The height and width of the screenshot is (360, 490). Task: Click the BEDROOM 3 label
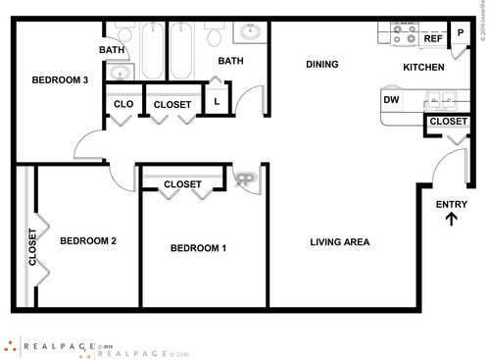point(61,80)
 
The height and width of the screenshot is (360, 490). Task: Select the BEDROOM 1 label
point(199,248)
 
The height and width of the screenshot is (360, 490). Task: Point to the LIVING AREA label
point(340,242)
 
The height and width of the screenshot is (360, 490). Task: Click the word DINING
point(321,65)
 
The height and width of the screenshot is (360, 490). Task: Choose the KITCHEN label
point(423,68)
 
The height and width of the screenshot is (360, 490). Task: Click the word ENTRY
point(452,204)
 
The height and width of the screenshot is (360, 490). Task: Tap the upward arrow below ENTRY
point(452,220)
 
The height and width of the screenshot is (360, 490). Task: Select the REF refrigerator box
point(432,39)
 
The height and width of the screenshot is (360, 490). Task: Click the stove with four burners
point(404,35)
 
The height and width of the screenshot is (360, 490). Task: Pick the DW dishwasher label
point(391,100)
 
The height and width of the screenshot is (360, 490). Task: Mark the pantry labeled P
point(459,32)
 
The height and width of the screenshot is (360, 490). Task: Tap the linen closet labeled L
point(216,100)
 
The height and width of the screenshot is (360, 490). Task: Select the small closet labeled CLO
point(123,104)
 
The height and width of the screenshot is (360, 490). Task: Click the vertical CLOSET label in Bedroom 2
point(32,247)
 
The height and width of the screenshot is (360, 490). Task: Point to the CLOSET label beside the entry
point(448,122)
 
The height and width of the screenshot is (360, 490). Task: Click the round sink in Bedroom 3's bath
point(120,72)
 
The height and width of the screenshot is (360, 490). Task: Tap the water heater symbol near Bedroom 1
point(245,180)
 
